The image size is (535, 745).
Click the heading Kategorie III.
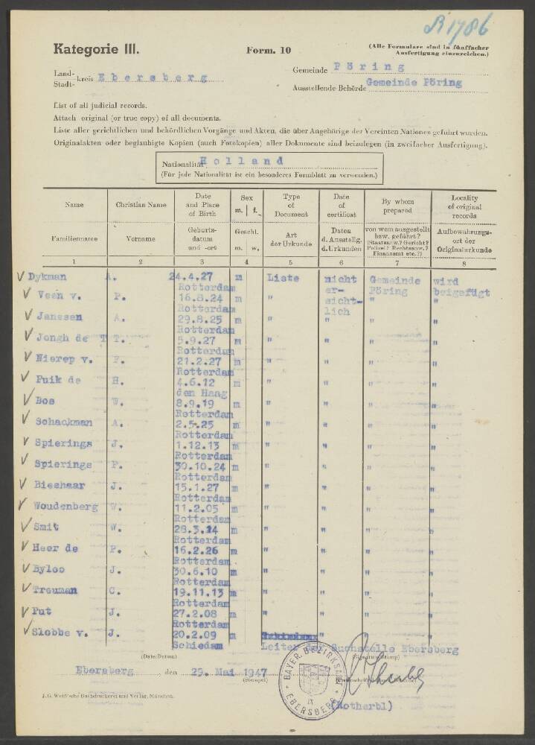[x=96, y=50]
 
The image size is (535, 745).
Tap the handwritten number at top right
[x=456, y=26]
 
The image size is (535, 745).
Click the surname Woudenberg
[x=65, y=507]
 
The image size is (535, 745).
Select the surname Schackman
[x=64, y=422]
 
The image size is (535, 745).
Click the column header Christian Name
[x=140, y=203]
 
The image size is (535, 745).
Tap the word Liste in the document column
[x=282, y=278]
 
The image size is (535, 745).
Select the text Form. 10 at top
[x=269, y=51]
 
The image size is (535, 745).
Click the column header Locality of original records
[x=464, y=203]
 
